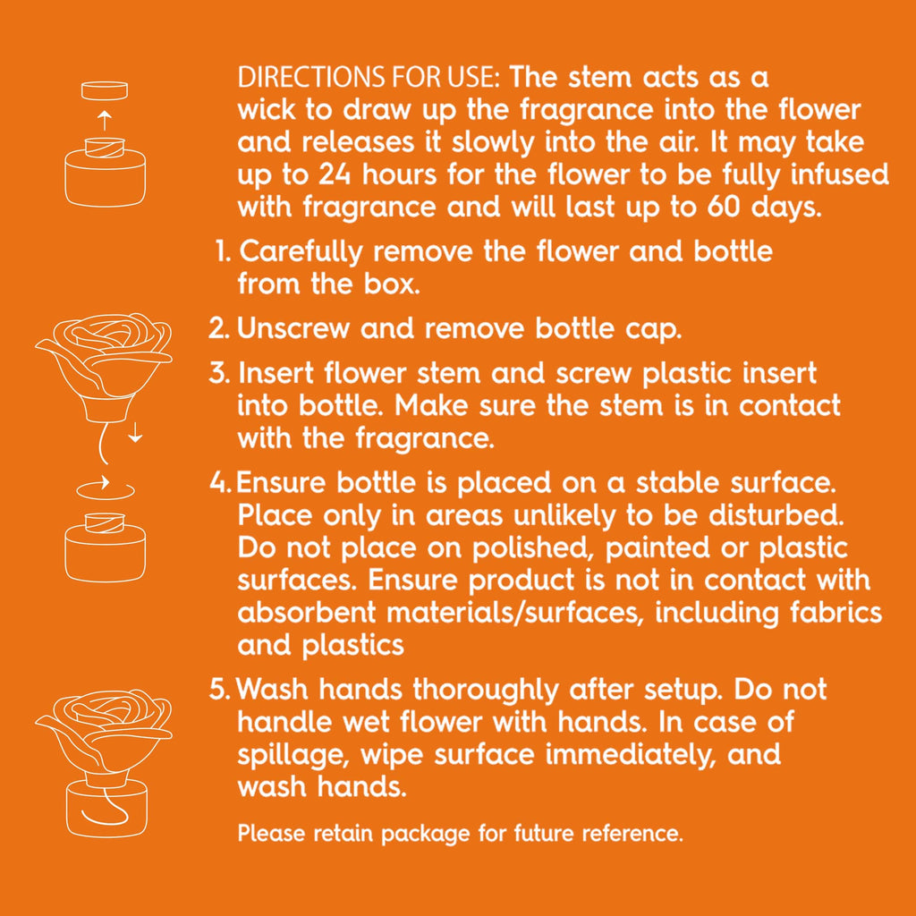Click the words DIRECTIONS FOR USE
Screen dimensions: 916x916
click(368, 78)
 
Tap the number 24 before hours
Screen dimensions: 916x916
click(335, 174)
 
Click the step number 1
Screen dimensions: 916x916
click(224, 251)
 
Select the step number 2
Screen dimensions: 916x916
click(219, 328)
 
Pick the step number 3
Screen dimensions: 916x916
click(219, 373)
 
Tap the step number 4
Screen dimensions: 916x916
click(221, 482)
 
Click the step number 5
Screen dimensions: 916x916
click(220, 689)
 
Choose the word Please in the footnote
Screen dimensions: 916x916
click(272, 833)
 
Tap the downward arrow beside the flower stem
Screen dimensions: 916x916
click(136, 431)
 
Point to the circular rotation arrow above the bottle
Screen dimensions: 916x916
click(106, 488)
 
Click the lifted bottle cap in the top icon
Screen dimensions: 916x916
click(105, 90)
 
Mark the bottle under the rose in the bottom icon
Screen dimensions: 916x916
click(106, 810)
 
